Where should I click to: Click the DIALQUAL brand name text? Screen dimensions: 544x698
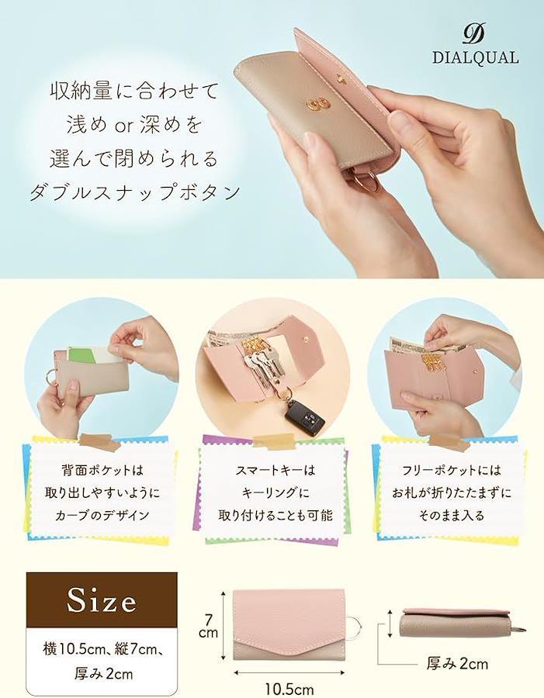point(476,58)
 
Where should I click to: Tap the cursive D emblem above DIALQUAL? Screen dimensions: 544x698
point(474,34)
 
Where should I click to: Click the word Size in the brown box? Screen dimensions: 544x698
point(102,600)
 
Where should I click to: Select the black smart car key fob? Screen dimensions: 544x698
point(305,414)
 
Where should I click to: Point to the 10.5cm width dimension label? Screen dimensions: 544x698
point(289,689)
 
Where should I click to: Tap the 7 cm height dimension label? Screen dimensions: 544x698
point(209,626)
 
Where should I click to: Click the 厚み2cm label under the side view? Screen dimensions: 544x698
point(457,664)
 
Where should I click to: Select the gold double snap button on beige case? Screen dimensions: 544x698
point(318,105)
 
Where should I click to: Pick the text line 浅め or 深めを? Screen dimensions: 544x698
point(134,125)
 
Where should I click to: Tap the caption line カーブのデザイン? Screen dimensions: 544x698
point(102,516)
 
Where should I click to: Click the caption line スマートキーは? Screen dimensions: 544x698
point(275,470)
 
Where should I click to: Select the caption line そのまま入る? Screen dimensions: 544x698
point(451,516)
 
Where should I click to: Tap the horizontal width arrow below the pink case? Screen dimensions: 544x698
point(289,672)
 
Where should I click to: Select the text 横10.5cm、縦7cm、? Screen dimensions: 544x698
point(103,648)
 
